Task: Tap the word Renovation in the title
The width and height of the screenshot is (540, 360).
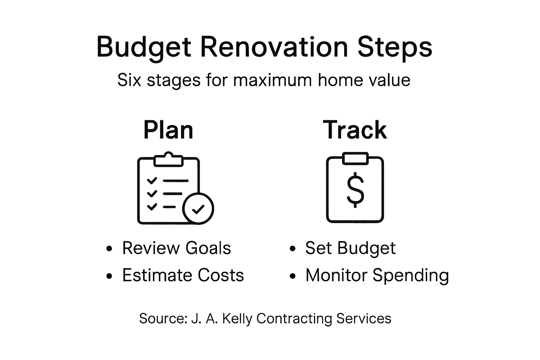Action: coord(274,47)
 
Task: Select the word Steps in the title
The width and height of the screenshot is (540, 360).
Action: coord(395,47)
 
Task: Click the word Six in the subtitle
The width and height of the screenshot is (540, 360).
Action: coord(129,80)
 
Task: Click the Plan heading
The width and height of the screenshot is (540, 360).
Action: coord(168,130)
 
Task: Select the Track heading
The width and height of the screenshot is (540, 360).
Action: coord(355,130)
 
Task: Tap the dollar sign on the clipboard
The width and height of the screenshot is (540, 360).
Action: coord(355,190)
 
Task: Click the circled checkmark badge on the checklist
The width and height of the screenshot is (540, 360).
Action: coord(198,209)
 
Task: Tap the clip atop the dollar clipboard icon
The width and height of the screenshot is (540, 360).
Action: coord(355,158)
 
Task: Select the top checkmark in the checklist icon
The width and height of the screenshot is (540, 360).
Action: coord(152,181)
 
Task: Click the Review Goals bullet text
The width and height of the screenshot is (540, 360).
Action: coord(176,248)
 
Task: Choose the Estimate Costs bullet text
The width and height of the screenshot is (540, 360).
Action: coord(183,275)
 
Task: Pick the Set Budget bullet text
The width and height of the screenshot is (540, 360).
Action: coord(350,248)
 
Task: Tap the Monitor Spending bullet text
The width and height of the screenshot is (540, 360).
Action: coord(377,275)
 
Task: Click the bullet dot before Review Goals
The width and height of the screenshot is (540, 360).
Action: coord(109,249)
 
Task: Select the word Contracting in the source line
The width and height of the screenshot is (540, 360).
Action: coord(294,319)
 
